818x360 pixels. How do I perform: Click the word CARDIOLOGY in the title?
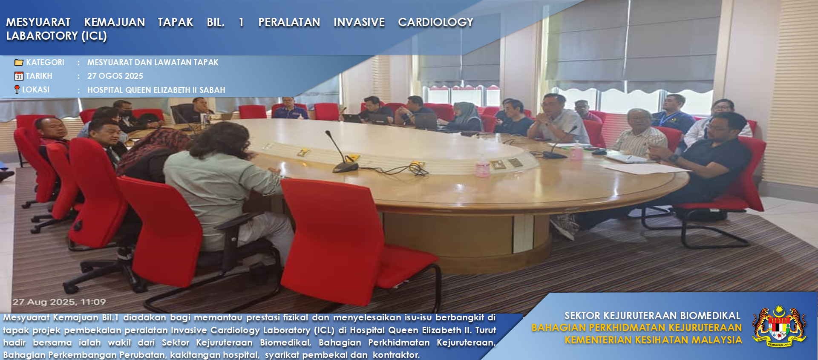[x=435, y=22]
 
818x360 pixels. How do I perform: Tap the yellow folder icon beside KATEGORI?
[x=19, y=63]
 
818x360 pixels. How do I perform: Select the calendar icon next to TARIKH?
[x=19, y=76]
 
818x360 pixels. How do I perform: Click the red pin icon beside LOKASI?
[x=17, y=89]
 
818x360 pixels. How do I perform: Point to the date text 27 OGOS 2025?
[x=115, y=76]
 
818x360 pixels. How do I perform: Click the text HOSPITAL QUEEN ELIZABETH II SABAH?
[x=156, y=90]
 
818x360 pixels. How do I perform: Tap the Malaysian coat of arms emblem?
[x=779, y=326]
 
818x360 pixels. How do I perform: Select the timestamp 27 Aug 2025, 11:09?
[x=59, y=302]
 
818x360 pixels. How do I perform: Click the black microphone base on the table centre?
[x=345, y=167]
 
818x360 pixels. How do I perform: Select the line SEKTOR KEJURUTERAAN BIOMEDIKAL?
[x=652, y=316]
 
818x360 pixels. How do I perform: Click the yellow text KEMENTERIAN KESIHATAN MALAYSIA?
[x=653, y=340]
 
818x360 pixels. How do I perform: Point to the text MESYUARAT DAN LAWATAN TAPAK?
[x=153, y=63]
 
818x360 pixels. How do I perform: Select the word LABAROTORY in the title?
[x=42, y=36]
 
